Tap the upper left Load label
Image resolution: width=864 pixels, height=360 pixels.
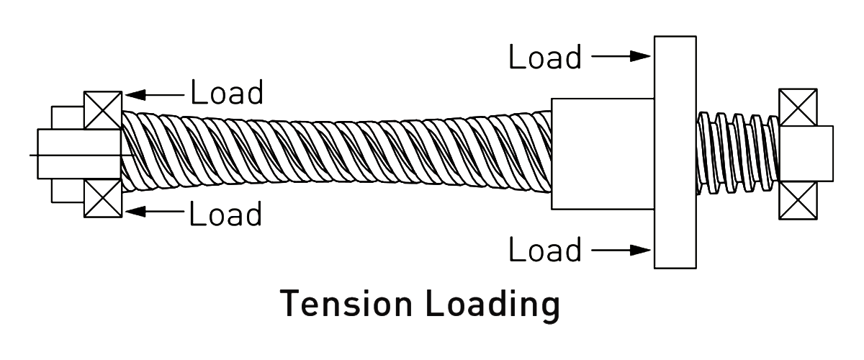click(227, 93)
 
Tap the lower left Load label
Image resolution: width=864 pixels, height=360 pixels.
click(227, 213)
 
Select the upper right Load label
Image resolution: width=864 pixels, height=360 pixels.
click(545, 57)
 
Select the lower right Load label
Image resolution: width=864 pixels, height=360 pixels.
click(545, 250)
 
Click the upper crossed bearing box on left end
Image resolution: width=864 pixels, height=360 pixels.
click(102, 109)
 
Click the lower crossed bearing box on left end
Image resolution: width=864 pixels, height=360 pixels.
click(102, 197)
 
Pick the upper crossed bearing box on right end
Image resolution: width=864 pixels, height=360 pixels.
click(798, 107)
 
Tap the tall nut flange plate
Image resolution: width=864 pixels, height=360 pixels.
click(675, 152)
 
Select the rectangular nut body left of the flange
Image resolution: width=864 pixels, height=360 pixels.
click(602, 153)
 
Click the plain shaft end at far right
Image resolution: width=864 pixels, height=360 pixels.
click(825, 153)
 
